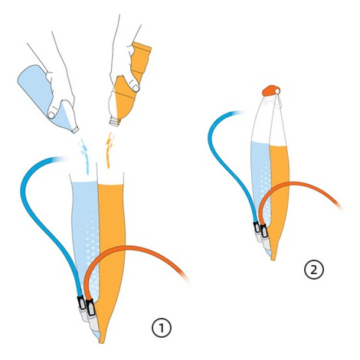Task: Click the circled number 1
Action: pos(162,328)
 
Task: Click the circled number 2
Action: pos(314,270)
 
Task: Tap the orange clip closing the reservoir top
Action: pos(271,91)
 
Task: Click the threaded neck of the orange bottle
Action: pos(115,122)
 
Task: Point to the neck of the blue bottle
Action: pos(74,129)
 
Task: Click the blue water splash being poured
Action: pos(84,155)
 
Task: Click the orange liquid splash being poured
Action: pos(110,150)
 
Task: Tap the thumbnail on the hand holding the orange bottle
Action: pos(136,88)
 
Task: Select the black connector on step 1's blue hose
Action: pos(81,303)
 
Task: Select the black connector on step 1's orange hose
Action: pos(91,308)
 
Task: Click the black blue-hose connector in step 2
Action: pos(257,227)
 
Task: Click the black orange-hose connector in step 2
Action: pos(263,231)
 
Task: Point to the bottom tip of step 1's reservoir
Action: pos(102,342)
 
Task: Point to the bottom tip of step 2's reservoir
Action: pos(273,260)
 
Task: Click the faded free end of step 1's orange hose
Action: pos(185,278)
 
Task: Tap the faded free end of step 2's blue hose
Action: pos(239,113)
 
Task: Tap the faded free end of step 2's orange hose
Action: pos(339,205)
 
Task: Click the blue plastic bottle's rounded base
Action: pos(25,77)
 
